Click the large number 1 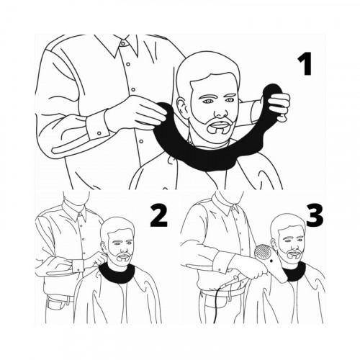click(x=305, y=63)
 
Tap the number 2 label click(x=158, y=216)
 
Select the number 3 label click(x=315, y=216)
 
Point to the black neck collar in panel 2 click(x=118, y=276)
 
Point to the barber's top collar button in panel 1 click(x=123, y=44)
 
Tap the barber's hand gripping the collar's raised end click(x=279, y=106)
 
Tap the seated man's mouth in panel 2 click(x=125, y=258)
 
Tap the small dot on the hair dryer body click(x=271, y=261)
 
